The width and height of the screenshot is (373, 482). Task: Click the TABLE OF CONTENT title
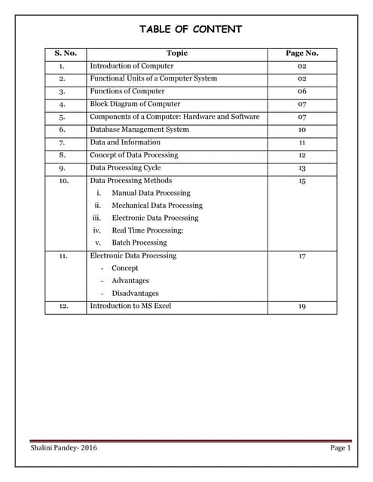click(x=191, y=29)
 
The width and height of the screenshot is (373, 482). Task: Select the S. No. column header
click(x=66, y=53)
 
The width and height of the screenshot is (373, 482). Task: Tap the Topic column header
click(x=176, y=53)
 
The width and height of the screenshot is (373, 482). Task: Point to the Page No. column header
click(x=301, y=53)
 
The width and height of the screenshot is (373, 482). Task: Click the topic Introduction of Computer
click(x=131, y=66)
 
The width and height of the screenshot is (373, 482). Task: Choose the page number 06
click(x=301, y=91)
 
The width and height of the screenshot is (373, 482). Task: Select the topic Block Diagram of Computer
click(x=135, y=104)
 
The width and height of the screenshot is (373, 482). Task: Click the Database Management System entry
click(x=139, y=130)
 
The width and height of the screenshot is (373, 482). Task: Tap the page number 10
click(x=301, y=130)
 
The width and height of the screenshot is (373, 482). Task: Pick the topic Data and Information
click(x=125, y=142)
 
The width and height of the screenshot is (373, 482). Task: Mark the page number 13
click(x=301, y=168)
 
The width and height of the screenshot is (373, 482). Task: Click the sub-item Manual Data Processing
click(x=151, y=193)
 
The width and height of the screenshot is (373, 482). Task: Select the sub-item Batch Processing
click(x=139, y=243)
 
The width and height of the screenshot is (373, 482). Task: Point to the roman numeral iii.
click(x=97, y=218)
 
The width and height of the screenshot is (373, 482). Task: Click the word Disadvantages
click(x=135, y=294)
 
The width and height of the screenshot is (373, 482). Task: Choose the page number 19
click(x=301, y=307)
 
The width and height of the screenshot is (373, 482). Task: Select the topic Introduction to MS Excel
click(x=130, y=307)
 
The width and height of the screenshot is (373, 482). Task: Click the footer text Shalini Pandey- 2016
click(x=63, y=448)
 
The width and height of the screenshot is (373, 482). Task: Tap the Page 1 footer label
click(x=341, y=448)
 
